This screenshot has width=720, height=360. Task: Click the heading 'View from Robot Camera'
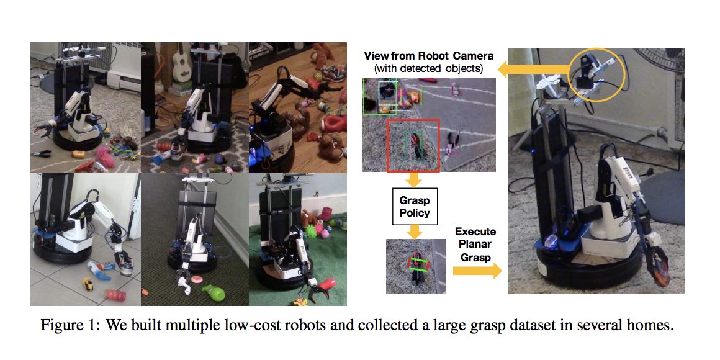[429, 55]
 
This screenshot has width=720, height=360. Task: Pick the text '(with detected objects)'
[429, 67]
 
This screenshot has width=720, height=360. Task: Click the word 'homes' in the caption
[652, 326]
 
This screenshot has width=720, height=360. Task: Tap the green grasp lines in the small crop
[418, 265]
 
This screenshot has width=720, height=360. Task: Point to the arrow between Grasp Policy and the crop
[412, 231]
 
